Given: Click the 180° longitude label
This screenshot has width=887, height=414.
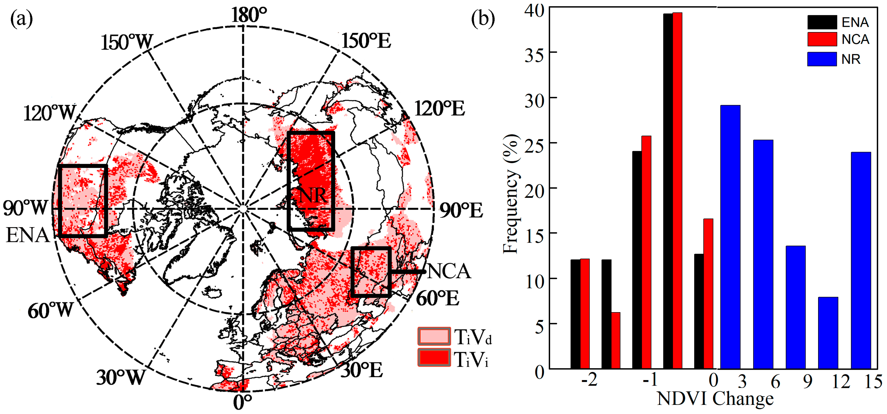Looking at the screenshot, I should point(249,15).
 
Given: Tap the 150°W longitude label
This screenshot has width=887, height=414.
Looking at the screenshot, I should point(126,43).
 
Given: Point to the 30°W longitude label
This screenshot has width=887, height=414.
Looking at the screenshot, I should point(121,378).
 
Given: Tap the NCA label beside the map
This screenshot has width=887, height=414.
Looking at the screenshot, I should point(449,271).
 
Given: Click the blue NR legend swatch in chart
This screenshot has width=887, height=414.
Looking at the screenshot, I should point(822,59).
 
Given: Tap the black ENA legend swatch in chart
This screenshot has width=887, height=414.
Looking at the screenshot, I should point(822,22).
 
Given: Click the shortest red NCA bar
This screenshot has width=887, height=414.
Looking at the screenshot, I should point(616,340).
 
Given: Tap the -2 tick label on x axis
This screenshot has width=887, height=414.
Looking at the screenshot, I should point(589,380).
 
